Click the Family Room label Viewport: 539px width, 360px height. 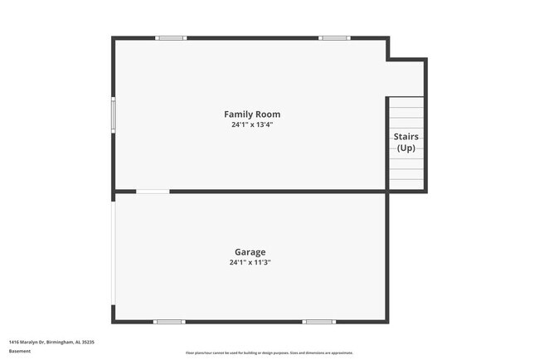pos(252,114)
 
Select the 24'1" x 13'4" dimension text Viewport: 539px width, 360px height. pos(252,125)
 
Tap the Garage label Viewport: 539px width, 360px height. pos(250,251)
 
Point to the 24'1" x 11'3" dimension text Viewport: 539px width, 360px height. pos(250,263)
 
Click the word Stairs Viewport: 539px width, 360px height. pos(405,137)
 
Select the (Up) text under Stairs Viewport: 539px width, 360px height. pos(405,148)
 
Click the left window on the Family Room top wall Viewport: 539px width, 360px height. pos(171,38)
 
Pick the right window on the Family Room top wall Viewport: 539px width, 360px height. pos(334,38)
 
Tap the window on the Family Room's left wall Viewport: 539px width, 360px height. pos(114,114)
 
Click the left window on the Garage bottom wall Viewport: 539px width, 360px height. pos(169,321)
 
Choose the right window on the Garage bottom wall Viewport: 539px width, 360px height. pos(318,321)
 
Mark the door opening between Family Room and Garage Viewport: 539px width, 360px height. pos(153,192)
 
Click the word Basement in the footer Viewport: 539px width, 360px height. pos(20,351)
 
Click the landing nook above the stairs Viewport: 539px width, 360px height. pos(405,79)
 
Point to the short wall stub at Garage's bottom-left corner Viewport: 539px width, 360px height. pos(114,314)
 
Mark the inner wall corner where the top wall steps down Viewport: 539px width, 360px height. pos(388,59)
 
